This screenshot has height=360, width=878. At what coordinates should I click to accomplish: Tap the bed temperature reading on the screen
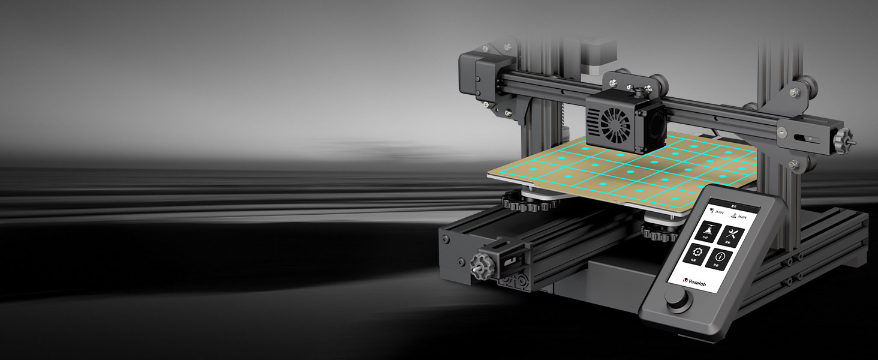point(741,217)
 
